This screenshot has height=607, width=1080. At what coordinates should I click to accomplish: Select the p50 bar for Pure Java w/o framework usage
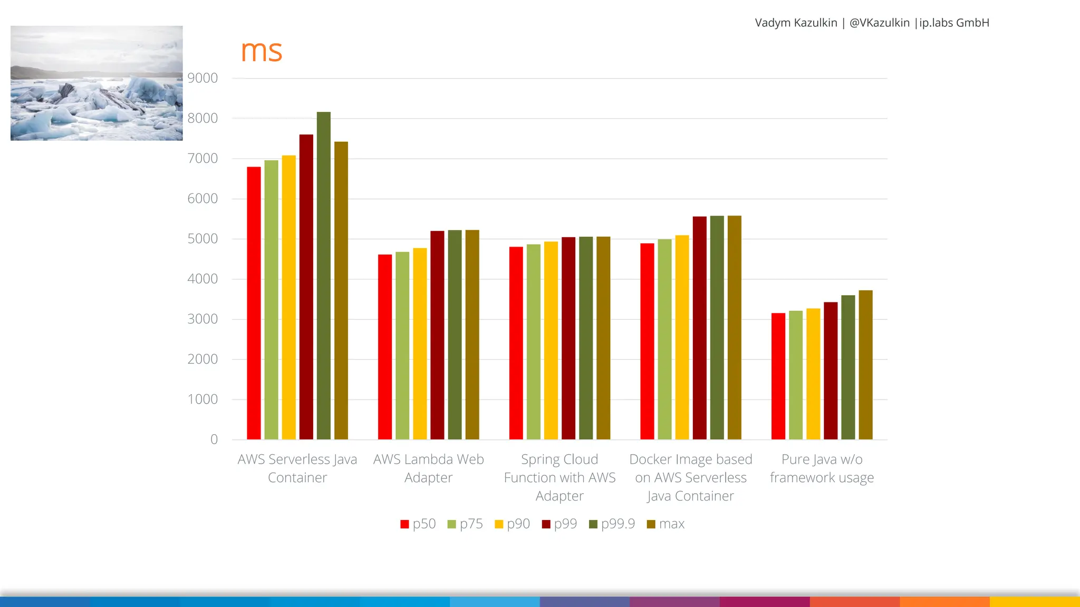pos(778,376)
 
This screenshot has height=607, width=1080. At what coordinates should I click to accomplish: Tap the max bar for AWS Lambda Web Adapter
pos(472,335)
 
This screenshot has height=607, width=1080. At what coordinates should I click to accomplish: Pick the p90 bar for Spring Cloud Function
pos(551,340)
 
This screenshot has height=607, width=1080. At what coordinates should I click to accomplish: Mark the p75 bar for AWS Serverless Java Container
pos(271,300)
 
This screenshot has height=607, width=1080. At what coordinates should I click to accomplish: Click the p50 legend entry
pos(418,524)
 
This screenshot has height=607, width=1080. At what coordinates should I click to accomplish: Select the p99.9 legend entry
pos(612,524)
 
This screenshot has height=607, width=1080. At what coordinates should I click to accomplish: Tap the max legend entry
pos(666,524)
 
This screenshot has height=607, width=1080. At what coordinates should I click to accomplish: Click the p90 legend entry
pos(512,524)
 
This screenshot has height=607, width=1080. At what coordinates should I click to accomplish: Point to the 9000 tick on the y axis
pos(202,78)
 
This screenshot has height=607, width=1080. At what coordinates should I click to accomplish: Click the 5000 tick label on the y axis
pos(202,239)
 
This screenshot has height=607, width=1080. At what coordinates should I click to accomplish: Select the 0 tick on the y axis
pos(214,439)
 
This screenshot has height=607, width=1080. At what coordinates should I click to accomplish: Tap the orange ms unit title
pos(261,51)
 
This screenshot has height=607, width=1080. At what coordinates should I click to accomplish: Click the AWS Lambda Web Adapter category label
pos(428,468)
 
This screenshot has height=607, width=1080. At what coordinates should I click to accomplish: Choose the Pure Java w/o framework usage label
pos(822,468)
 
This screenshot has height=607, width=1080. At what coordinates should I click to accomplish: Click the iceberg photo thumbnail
pos(97,83)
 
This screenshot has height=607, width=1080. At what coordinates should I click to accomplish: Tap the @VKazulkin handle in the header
pos(879,23)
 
